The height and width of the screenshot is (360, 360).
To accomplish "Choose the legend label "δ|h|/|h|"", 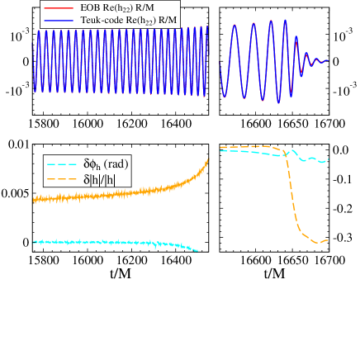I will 101,178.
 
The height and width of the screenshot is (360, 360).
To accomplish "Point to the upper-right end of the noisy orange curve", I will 207,160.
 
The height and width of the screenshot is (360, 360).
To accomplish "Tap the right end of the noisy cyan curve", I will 197,250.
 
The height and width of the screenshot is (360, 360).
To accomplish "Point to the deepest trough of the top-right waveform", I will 279,102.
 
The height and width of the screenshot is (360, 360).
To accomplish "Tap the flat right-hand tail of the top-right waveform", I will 324,60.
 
